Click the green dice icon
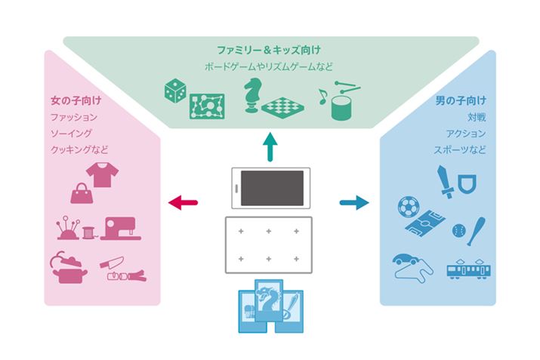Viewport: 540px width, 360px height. [175, 93]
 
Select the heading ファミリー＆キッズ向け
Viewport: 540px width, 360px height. [270, 48]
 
